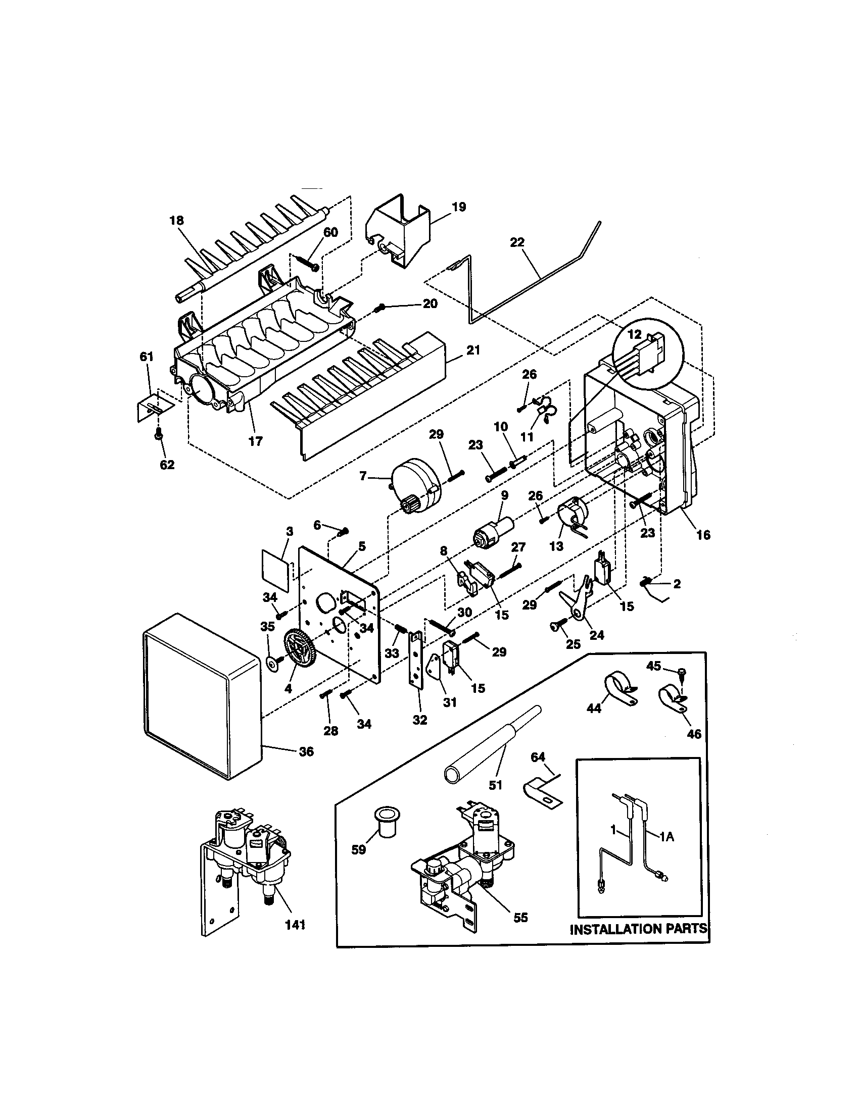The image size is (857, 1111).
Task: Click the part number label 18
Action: [x=177, y=220]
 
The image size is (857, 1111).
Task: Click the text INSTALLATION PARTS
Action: [x=639, y=929]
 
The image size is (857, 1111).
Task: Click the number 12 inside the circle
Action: [x=634, y=334]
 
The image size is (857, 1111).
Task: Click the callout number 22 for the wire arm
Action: [x=516, y=242]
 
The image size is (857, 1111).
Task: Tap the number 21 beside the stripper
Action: [x=473, y=350]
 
